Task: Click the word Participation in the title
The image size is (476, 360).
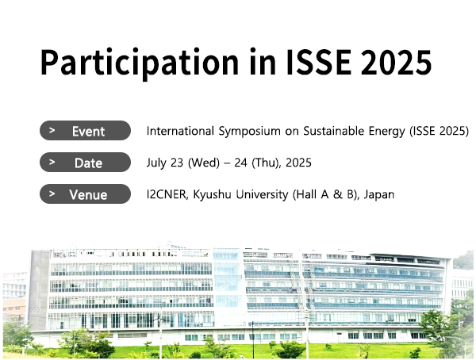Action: click(x=140, y=63)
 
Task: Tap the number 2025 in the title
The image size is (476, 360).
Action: click(x=396, y=62)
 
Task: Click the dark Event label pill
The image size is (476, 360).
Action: click(x=86, y=131)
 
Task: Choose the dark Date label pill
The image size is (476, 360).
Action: click(x=86, y=163)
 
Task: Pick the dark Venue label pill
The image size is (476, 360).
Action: click(x=86, y=194)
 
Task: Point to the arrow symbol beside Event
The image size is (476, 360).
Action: click(x=52, y=130)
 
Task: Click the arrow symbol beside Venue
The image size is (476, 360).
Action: click(x=52, y=193)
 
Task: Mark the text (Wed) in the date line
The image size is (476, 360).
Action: click(x=204, y=163)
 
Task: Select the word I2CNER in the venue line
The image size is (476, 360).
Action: click(x=167, y=194)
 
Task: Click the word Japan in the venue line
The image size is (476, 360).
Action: click(x=379, y=194)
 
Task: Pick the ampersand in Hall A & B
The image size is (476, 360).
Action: click(x=338, y=194)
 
